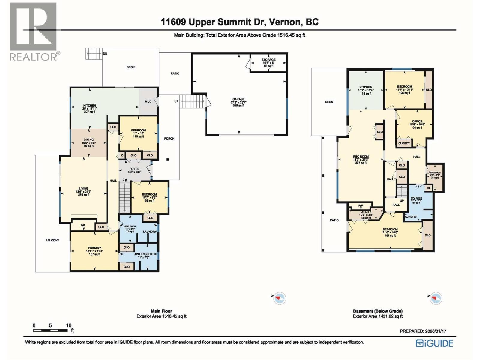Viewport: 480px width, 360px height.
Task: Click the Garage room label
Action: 238,99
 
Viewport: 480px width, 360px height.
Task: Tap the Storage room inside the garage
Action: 268,63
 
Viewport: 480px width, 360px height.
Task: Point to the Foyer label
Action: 134,169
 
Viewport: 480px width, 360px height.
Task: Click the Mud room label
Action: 148,101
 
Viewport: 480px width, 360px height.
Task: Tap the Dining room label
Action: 89,139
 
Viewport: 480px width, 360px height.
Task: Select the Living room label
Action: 84,189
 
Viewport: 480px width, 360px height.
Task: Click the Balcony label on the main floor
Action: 52,240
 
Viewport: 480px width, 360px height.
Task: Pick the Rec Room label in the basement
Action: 361,157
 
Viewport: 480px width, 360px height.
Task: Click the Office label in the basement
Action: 417,121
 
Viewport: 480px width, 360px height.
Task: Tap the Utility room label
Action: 366,212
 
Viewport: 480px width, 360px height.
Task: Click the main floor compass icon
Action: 280,298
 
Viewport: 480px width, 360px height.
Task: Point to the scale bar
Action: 50,330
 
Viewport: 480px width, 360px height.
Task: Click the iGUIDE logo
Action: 434,343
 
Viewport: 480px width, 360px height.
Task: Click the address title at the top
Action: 240,22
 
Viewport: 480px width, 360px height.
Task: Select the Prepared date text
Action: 423,331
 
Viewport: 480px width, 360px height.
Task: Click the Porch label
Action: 169,139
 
